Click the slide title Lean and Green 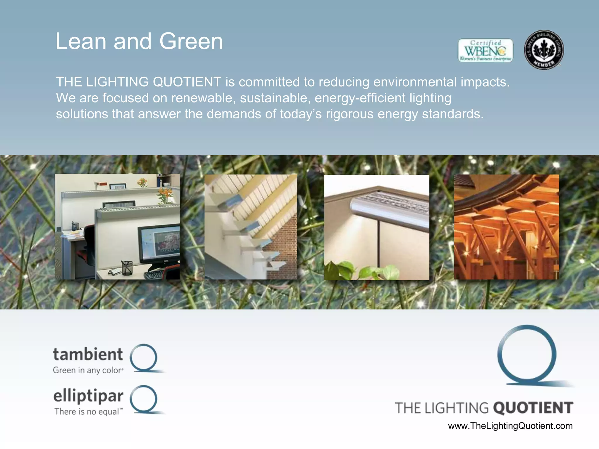(x=139, y=41)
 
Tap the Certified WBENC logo (x=485, y=50)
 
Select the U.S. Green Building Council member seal (x=544, y=50)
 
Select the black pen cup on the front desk (x=127, y=267)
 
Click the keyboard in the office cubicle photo (x=154, y=274)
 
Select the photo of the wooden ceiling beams (x=506, y=227)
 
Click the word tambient (x=88, y=354)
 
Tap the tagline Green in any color (x=88, y=370)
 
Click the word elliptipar (x=88, y=396)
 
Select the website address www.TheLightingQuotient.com (x=510, y=426)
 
